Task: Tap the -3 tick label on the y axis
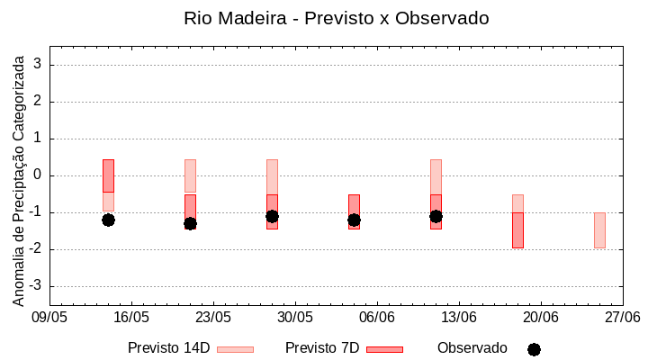click(x=37, y=286)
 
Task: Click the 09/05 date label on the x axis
click(x=49, y=318)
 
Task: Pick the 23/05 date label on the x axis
click(x=213, y=318)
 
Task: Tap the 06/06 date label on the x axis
click(x=377, y=318)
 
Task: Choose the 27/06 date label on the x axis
click(x=622, y=318)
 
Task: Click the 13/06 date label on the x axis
click(x=459, y=318)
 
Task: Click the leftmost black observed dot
click(x=108, y=220)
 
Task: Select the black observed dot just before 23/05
click(x=190, y=223)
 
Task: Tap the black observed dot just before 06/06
click(x=354, y=220)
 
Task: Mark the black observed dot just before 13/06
click(x=436, y=216)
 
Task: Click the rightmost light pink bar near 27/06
click(x=599, y=230)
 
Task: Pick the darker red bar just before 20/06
click(x=517, y=230)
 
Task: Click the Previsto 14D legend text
click(x=168, y=348)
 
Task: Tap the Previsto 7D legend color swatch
click(x=384, y=349)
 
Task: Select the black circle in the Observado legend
click(x=534, y=349)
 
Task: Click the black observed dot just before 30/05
click(x=272, y=216)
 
